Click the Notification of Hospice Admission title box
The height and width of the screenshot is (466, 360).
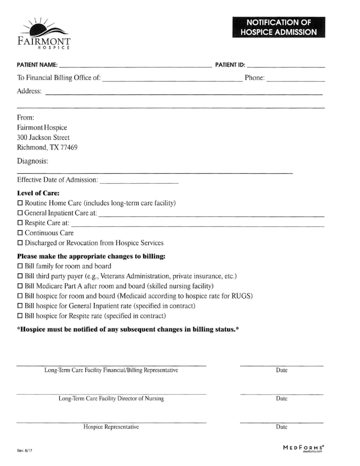279,27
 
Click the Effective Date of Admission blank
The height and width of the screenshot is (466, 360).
139,181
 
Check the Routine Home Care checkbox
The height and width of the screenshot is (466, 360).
20,203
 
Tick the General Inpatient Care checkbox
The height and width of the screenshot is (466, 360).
20,213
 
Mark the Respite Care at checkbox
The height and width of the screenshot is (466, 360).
20,223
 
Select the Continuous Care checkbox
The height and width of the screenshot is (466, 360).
20,233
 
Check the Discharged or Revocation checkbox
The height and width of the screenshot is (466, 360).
20,243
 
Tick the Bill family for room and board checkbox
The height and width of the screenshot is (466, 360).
20,266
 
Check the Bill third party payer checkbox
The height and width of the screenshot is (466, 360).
20,276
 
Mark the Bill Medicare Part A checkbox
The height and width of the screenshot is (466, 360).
20,286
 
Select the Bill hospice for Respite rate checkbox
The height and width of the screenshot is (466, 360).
20,316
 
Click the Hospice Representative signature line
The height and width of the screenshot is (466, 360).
111,422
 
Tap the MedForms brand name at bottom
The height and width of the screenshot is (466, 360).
304,448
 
